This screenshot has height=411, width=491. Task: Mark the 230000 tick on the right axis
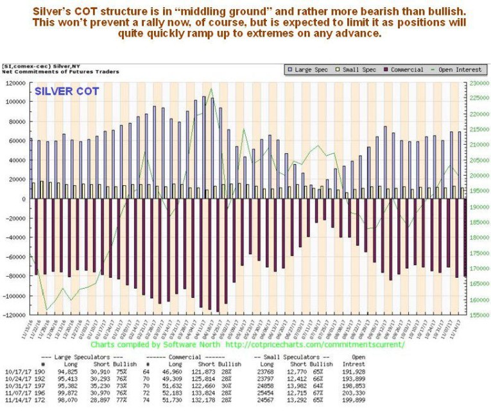477,84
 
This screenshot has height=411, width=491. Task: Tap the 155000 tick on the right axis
477,315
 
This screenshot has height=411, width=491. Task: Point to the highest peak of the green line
211,88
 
